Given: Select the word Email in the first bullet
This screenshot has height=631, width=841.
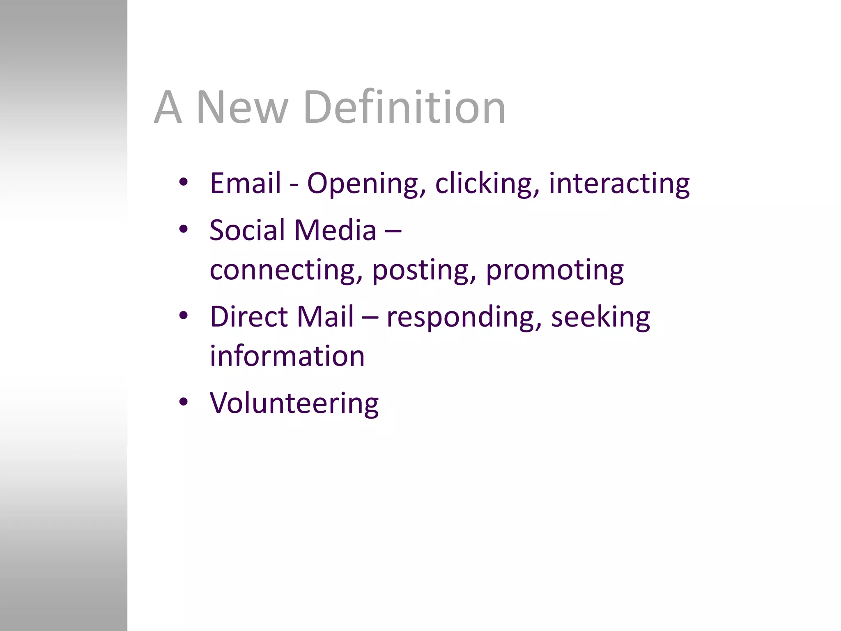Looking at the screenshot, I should (245, 183).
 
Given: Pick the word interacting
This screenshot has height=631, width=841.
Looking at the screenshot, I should (619, 183).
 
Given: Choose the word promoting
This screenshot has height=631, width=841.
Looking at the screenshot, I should (555, 270).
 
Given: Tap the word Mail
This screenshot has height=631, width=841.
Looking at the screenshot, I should (325, 317).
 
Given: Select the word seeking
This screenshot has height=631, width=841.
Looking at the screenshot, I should (600, 318).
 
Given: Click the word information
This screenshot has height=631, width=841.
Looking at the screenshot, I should (287, 356).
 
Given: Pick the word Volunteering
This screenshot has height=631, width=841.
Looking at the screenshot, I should (294, 403).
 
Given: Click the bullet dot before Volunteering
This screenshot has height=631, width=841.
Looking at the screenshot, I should (183, 401).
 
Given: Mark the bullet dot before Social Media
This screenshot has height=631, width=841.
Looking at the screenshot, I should (183, 229).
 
